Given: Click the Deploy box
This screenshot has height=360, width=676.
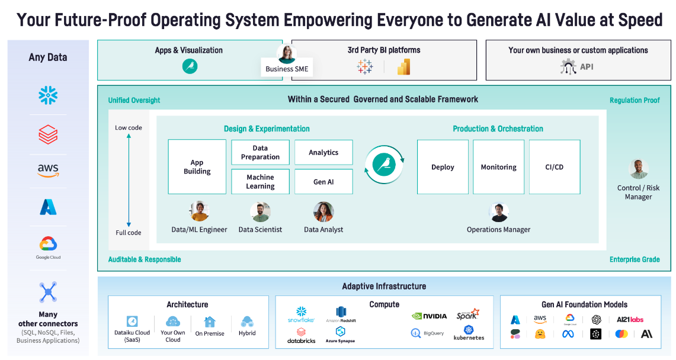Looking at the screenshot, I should click(x=443, y=167).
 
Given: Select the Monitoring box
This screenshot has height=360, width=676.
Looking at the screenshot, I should click(x=498, y=167).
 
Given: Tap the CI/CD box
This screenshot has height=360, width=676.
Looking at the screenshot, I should click(x=554, y=167).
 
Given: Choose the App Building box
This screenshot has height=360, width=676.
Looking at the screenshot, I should click(x=197, y=167).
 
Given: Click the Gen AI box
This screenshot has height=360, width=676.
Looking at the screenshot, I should click(x=323, y=182).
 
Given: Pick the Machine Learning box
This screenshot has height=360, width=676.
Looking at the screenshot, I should click(x=260, y=182).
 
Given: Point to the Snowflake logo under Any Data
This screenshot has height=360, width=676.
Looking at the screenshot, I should click(x=48, y=95).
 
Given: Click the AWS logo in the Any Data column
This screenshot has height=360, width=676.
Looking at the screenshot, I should click(x=48, y=171).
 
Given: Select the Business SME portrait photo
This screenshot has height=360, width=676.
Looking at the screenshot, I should click(x=287, y=54).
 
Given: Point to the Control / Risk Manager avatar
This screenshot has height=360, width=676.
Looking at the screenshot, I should click(x=638, y=169).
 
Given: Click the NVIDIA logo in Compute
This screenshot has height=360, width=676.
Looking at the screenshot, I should click(x=429, y=316).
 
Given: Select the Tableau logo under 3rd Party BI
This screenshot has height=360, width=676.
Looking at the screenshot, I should click(x=365, y=67).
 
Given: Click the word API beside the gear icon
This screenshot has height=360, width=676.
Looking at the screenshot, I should click(x=587, y=67).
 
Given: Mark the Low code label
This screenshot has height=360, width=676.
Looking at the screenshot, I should click(x=129, y=128).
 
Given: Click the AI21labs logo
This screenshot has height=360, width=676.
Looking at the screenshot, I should click(x=629, y=319).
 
